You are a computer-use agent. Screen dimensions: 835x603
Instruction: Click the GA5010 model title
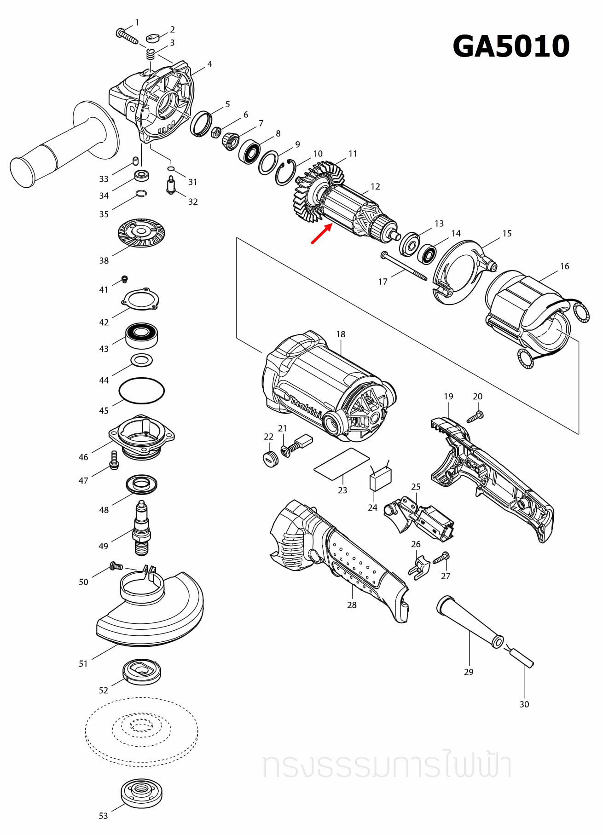[511, 46]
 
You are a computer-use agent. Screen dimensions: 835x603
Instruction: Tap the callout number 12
[375, 186]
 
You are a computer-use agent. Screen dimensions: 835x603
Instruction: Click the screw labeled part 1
[127, 36]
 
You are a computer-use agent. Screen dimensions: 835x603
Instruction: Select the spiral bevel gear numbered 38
[141, 233]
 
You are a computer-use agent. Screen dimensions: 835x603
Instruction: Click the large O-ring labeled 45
[141, 391]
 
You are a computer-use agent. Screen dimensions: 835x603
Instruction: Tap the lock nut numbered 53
[141, 792]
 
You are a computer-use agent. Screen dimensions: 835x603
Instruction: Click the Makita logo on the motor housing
[305, 407]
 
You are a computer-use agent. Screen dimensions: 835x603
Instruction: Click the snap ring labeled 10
[285, 173]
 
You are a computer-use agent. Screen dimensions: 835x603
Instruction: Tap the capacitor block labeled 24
[380, 479]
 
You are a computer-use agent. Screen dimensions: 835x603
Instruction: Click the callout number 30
[524, 704]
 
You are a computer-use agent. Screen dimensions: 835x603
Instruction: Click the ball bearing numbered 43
[142, 335]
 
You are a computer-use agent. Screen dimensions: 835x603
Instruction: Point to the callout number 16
[564, 266]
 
